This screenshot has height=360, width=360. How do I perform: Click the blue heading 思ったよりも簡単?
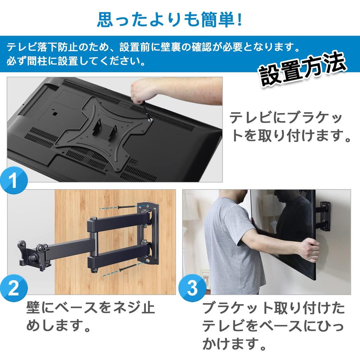click(169, 20)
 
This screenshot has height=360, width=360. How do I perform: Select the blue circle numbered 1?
click(14, 180)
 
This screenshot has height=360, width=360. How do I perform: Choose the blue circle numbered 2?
click(14, 288)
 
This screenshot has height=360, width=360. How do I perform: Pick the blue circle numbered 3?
click(192, 288)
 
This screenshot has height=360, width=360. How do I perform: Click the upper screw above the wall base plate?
click(127, 207)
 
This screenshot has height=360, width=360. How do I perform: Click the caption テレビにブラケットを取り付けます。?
click(290, 127)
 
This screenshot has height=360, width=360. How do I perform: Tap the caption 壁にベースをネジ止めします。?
click(90, 316)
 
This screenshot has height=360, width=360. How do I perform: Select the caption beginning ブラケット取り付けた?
click(273, 326)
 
